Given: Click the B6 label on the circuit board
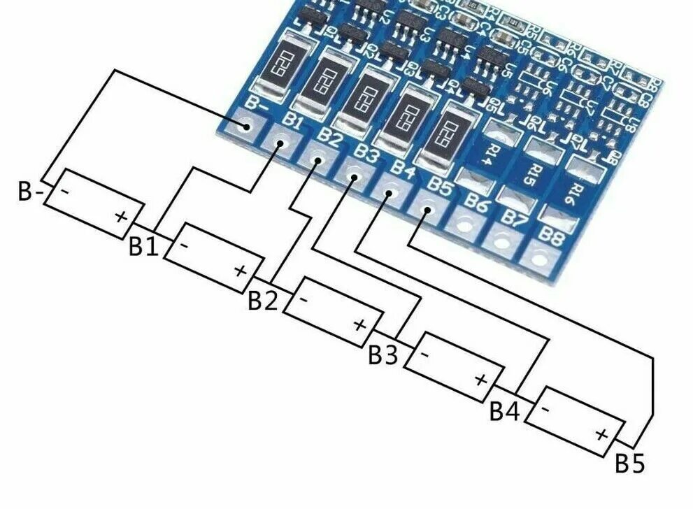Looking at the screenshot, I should pyautogui.click(x=478, y=206).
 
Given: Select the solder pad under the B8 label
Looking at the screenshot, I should pyautogui.click(x=535, y=257).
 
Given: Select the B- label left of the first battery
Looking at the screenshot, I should pyautogui.click(x=30, y=192).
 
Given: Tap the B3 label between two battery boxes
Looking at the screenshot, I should pyautogui.click(x=383, y=355).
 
